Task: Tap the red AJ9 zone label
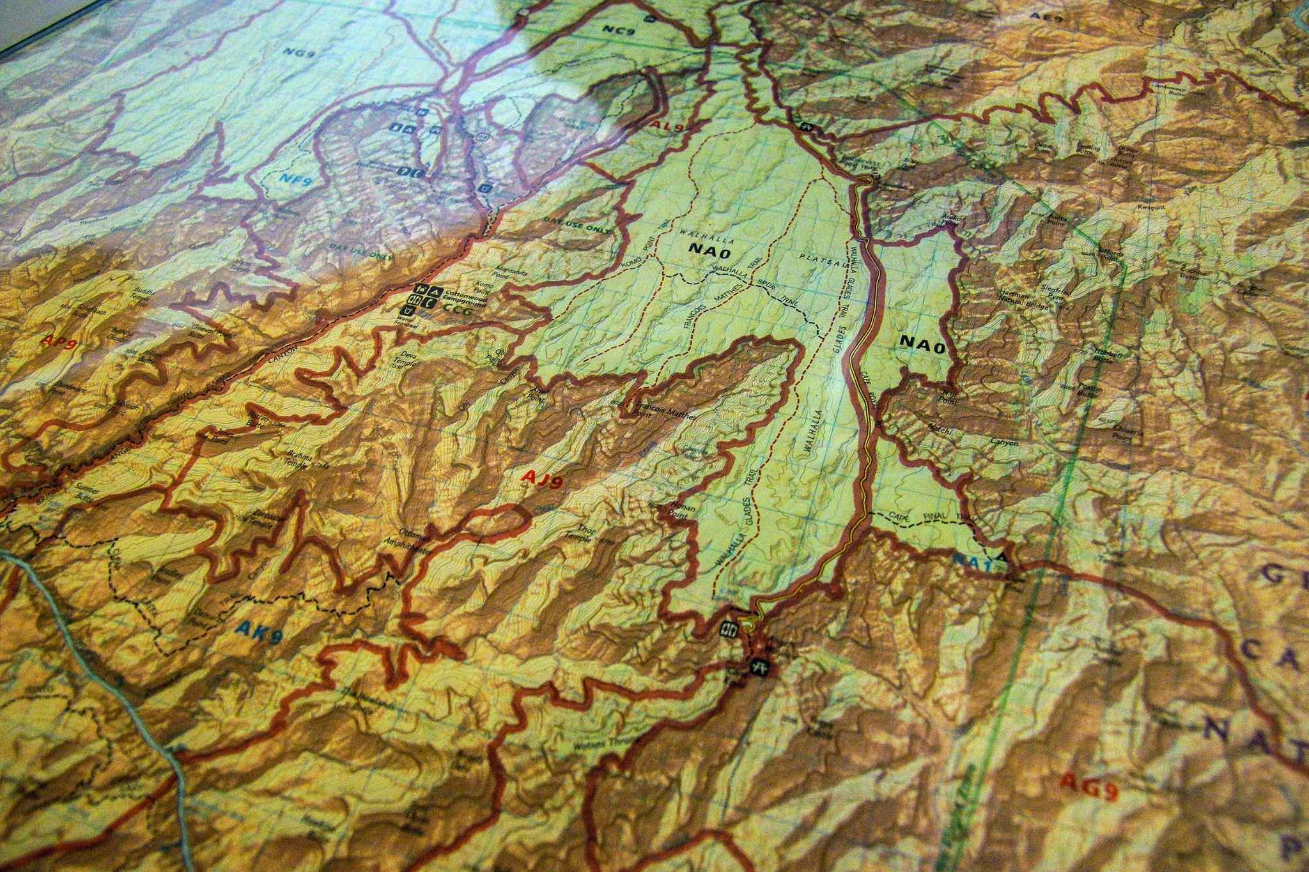tap(543, 478)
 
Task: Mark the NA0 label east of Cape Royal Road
tap(922, 341)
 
